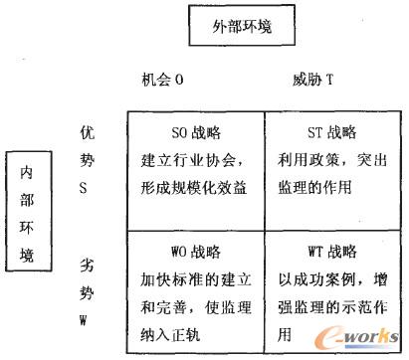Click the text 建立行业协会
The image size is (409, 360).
click(x=189, y=157)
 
